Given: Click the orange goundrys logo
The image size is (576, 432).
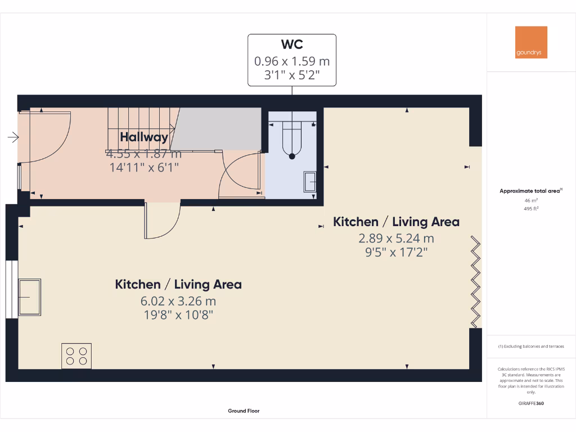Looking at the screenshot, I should point(531,42).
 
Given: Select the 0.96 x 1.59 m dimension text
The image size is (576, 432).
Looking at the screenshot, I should point(292,60).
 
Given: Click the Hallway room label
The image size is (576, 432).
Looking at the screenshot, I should point(143,137).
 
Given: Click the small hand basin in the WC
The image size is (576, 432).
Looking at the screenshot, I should point(310,182).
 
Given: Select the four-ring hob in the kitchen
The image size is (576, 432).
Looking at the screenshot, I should point(76,355).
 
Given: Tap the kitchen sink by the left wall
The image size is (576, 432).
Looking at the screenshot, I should point(30,297).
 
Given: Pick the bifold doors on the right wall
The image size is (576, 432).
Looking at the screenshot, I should point(476,282).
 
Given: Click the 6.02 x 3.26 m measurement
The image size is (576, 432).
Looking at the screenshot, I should point(178,301).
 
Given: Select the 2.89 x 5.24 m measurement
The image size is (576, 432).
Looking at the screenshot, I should point(396,238).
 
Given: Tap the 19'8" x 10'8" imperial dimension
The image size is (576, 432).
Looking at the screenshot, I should point(178,315).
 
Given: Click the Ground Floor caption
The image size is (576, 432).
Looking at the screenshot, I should point(244,411).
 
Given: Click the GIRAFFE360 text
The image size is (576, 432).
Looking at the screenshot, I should point(531,403).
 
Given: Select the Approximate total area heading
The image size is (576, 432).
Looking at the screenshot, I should point(530,191).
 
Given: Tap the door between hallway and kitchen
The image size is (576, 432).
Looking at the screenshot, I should point(162,220).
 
